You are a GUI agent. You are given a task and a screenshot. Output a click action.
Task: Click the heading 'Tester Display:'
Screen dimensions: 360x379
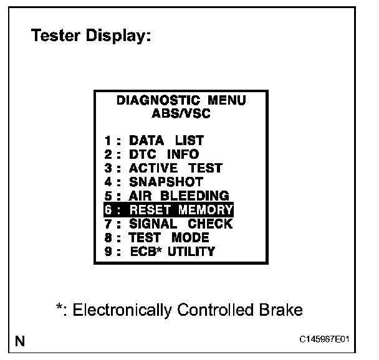tap(91, 37)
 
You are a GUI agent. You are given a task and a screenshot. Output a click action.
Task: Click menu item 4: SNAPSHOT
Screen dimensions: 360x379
tap(154, 182)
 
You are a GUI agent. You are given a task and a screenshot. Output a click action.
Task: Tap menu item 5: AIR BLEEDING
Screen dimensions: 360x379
tap(167, 196)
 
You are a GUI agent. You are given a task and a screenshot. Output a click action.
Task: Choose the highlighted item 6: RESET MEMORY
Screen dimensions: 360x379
tap(169, 209)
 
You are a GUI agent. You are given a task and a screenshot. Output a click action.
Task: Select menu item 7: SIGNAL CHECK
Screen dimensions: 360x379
tap(168, 224)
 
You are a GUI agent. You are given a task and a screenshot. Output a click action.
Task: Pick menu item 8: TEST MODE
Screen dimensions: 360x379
tap(157, 237)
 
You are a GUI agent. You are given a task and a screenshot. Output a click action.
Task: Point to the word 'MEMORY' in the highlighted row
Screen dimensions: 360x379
tap(206, 209)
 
